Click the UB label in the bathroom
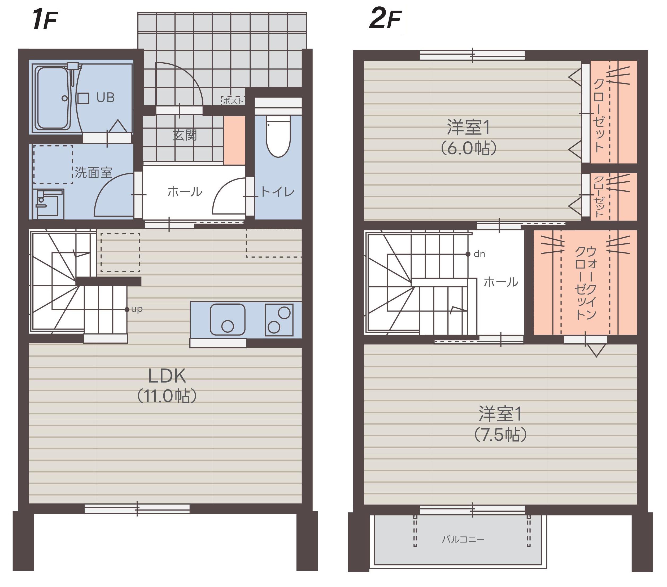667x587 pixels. pyautogui.click(x=105, y=98)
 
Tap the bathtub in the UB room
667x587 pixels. pyautogui.click(x=53, y=98)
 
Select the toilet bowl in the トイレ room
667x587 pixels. pyautogui.click(x=278, y=137)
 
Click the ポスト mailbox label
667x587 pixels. pyautogui.click(x=233, y=101)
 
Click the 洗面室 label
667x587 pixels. pyautogui.click(x=93, y=172)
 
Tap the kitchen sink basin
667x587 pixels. pyautogui.click(x=228, y=320)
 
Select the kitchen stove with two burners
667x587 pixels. pyautogui.click(x=279, y=320)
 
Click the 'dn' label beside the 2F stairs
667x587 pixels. pyautogui.click(x=479, y=254)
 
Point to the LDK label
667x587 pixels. pyautogui.click(x=167, y=376)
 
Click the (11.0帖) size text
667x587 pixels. pyautogui.click(x=167, y=396)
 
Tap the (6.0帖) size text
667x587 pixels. pyautogui.click(x=469, y=148)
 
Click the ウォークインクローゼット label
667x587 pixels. pyautogui.click(x=586, y=283)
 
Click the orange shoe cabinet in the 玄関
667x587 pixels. pyautogui.click(x=234, y=140)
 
